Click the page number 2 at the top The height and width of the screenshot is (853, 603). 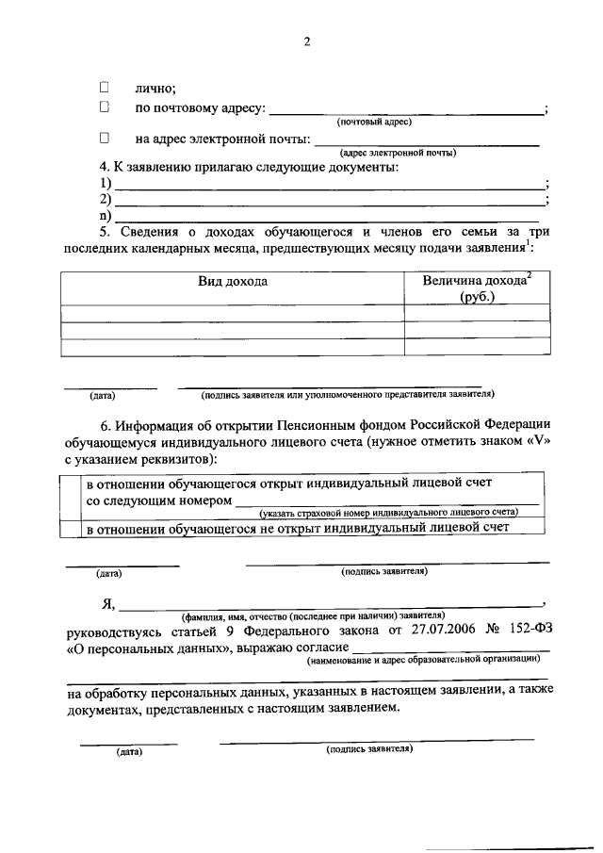pyautogui.click(x=306, y=41)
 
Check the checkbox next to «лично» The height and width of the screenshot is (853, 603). pyautogui.click(x=106, y=87)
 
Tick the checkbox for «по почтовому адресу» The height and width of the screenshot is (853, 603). pyautogui.click(x=106, y=108)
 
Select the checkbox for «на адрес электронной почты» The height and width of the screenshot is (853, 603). pyautogui.click(x=106, y=139)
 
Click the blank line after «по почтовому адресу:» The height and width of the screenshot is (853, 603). pyautogui.click(x=407, y=113)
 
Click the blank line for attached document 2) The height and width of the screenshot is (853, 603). pyautogui.click(x=328, y=204)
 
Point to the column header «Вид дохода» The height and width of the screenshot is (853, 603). pyautogui.click(x=232, y=282)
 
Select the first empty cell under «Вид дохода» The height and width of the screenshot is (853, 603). pyautogui.click(x=232, y=314)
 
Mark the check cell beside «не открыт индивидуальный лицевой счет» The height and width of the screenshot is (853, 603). pyautogui.click(x=71, y=529)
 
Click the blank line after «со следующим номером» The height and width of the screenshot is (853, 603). pyautogui.click(x=386, y=503)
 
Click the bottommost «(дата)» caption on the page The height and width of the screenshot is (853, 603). pyautogui.click(x=128, y=752)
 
